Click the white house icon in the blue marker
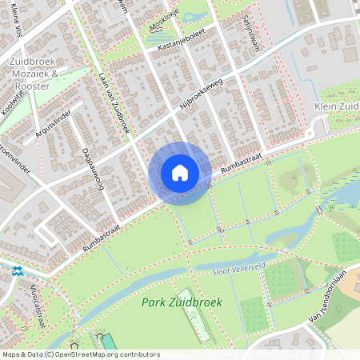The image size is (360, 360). coord(180,173)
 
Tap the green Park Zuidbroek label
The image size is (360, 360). coord(182,302)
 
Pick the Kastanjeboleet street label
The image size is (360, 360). coord(182,46)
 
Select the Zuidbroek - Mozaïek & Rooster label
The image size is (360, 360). coord(42,74)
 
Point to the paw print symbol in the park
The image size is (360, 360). coord(99,338)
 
